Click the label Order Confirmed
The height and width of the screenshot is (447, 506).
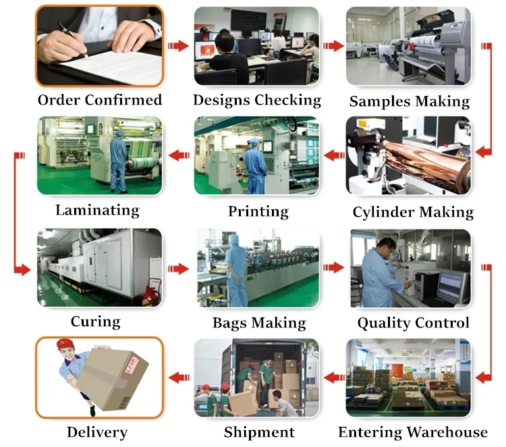coord(100,100)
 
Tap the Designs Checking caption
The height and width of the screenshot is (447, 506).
coord(257,100)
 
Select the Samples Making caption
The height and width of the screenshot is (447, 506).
coord(410,101)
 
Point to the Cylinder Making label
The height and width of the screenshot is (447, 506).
coord(413,212)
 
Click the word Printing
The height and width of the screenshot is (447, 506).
coord(258,211)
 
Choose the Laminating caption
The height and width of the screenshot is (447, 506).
coord(97,210)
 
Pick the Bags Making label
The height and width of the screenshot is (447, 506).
coord(259,322)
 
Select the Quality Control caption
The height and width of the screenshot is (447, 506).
coord(413,322)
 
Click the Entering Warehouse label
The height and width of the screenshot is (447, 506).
coord(412,432)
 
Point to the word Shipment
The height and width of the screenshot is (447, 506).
coord(259,432)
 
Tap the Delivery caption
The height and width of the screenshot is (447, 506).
coord(97,432)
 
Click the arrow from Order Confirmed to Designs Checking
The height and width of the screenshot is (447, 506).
coord(178,46)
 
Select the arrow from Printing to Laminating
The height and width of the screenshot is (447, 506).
coord(178,156)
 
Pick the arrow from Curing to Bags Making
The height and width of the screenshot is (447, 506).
coord(178,268)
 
